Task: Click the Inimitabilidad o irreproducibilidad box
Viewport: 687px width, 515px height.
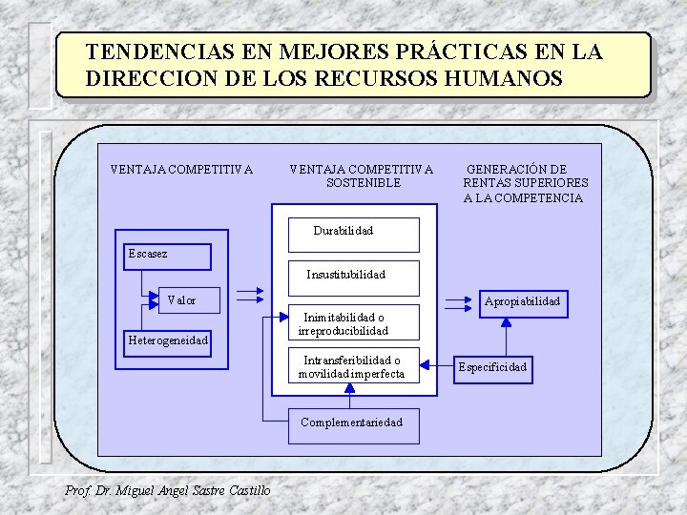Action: (x=354, y=323)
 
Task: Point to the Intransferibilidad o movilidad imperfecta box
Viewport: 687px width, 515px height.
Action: (x=354, y=367)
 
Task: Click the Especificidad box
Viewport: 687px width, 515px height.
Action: (x=492, y=367)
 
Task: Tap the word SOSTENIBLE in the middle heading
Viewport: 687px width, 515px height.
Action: (x=363, y=183)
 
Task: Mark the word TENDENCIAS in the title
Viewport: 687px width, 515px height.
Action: (x=153, y=51)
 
